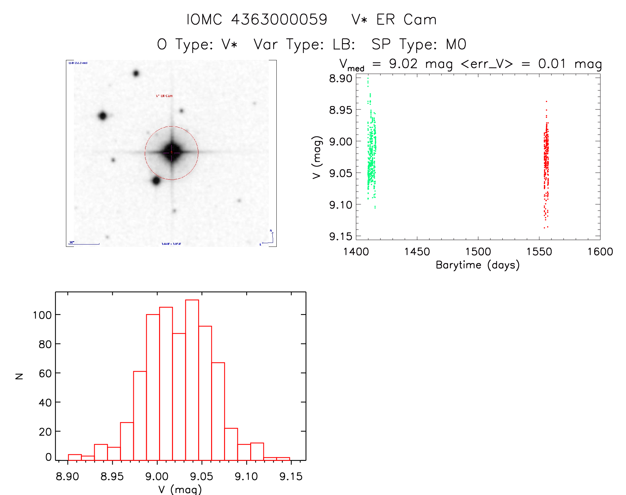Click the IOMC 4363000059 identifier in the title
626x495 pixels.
click(257, 20)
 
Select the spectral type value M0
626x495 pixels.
click(456, 44)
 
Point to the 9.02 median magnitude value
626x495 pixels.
click(403, 64)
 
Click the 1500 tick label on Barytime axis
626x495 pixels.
click(478, 252)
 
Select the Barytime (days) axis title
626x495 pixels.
click(478, 265)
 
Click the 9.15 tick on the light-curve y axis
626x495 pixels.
click(340, 236)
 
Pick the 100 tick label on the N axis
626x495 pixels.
click(42, 315)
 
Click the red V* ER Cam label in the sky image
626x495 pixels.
click(164, 96)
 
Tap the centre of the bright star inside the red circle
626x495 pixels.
click(172, 152)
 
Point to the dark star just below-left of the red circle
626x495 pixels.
click(156, 181)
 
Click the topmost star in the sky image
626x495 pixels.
click(136, 73)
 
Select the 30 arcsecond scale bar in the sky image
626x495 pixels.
click(84, 244)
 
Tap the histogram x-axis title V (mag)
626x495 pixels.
click(180, 489)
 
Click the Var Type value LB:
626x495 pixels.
click(344, 44)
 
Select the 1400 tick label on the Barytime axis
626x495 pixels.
click(356, 252)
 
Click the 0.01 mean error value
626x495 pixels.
click(552, 64)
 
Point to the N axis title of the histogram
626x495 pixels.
click(19, 376)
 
